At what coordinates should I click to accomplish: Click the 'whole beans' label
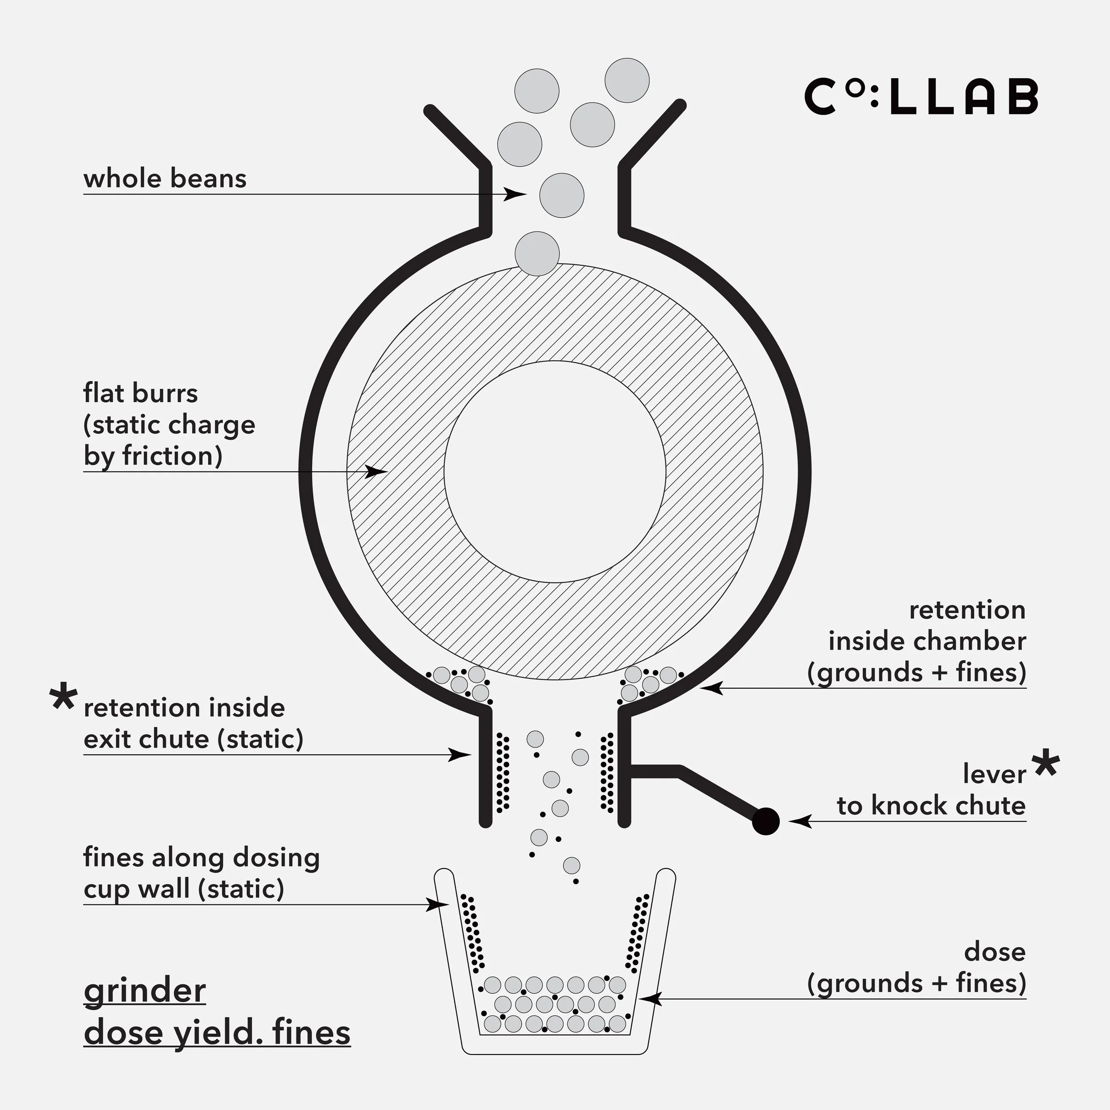pyautogui.click(x=165, y=178)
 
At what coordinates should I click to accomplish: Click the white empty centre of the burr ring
pyautogui.click(x=555, y=472)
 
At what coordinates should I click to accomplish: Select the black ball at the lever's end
pyautogui.click(x=765, y=821)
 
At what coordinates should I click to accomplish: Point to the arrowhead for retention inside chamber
pyautogui.click(x=711, y=688)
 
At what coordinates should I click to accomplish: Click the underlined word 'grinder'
pyautogui.click(x=145, y=991)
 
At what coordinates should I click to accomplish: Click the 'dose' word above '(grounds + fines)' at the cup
pyautogui.click(x=995, y=952)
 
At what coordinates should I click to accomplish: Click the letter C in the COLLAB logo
pyautogui.click(x=820, y=96)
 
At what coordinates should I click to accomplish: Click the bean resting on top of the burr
pyautogui.click(x=537, y=254)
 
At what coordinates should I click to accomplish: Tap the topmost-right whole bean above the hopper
pyautogui.click(x=627, y=80)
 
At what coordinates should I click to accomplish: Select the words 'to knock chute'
pyautogui.click(x=931, y=805)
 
